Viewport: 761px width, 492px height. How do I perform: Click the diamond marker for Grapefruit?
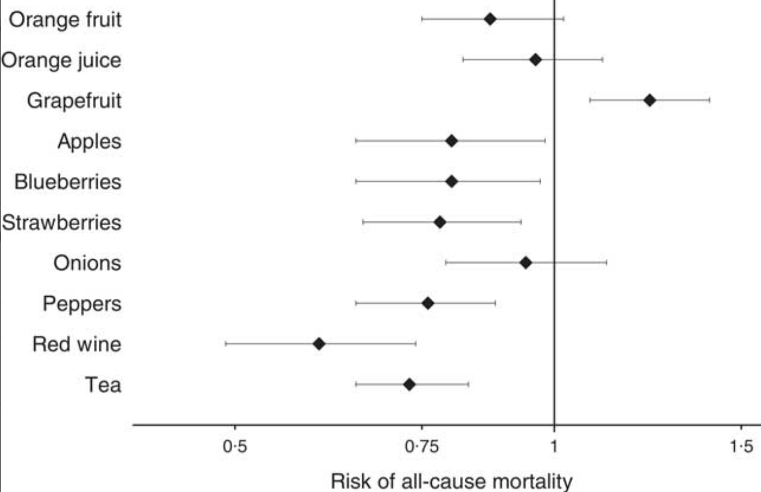(649, 100)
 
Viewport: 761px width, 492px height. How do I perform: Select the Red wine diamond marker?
(319, 344)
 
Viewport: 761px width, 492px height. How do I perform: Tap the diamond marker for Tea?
(409, 384)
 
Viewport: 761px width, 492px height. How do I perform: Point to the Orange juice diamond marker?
(535, 60)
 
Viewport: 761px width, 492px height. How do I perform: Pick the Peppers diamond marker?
(427, 304)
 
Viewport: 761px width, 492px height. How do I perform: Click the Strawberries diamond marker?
(440, 222)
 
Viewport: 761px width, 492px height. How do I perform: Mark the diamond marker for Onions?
(526, 263)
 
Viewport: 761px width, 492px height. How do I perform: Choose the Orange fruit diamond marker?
(490, 19)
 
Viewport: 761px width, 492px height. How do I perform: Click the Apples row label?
(89, 141)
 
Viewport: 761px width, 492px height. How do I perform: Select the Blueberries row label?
(68, 182)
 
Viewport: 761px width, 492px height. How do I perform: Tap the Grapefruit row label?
(74, 100)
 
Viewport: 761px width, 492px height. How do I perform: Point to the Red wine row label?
(77, 344)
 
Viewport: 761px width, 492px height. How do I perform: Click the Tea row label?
(103, 385)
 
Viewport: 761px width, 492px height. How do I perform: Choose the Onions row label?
(87, 263)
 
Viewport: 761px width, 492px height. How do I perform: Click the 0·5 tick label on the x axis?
(235, 446)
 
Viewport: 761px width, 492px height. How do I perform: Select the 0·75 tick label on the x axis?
(422, 446)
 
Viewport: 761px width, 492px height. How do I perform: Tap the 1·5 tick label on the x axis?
(741, 446)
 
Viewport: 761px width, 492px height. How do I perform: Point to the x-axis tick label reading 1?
(554, 446)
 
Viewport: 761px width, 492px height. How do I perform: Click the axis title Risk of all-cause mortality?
(451, 480)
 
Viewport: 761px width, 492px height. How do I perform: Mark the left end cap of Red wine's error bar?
(226, 344)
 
